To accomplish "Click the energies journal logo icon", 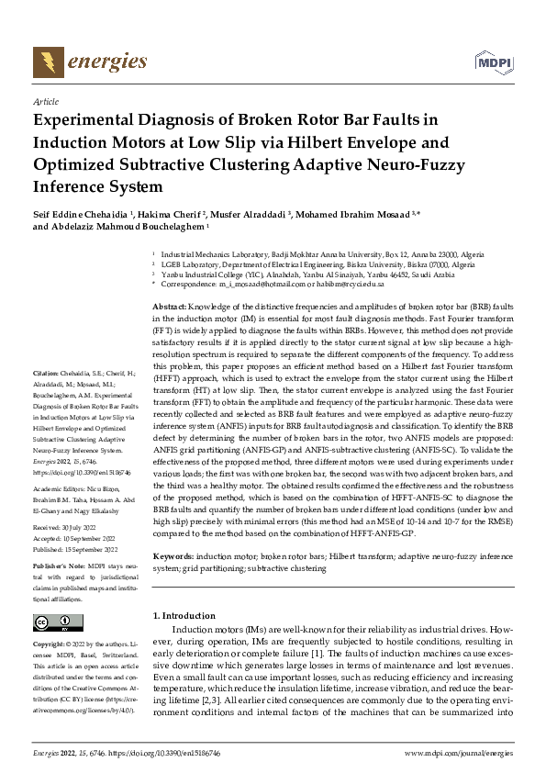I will pyautogui.click(x=44, y=62).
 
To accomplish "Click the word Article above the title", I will pyautogui.click(x=45, y=102).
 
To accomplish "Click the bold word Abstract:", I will pyautogui.click(x=170, y=306).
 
